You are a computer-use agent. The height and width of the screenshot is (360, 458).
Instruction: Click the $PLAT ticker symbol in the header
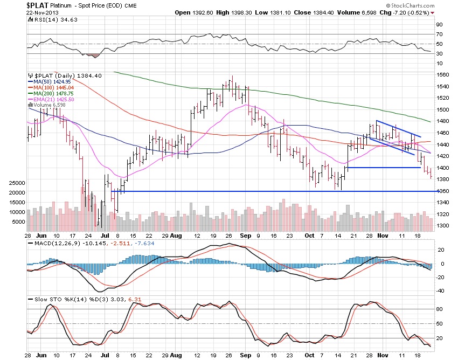coord(38,4)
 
